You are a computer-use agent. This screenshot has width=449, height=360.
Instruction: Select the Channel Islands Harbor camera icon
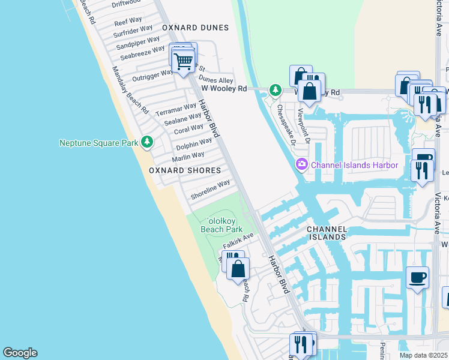click(301, 164)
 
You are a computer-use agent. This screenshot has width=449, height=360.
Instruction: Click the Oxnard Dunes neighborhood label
click(195, 28)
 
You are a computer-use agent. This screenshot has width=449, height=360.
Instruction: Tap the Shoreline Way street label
click(210, 191)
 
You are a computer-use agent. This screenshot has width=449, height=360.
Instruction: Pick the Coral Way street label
click(188, 128)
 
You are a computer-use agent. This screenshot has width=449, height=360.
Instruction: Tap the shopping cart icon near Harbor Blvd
click(184, 61)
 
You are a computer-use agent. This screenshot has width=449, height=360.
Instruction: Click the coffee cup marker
click(417, 278)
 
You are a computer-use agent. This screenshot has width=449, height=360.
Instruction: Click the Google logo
click(20, 353)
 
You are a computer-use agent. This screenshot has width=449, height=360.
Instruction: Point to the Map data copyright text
click(423, 355)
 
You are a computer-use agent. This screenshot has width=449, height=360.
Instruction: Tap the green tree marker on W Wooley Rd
click(275, 90)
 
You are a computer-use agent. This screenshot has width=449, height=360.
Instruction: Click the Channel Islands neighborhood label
click(327, 233)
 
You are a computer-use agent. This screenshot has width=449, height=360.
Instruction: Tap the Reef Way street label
click(128, 20)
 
